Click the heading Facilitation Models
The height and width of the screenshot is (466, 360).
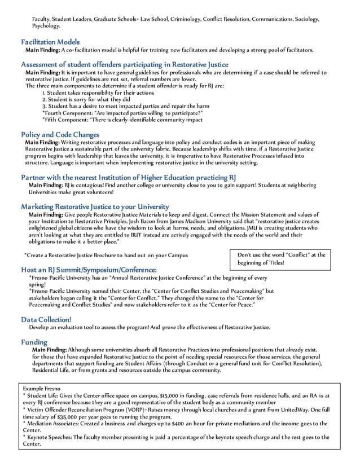pos(50,42)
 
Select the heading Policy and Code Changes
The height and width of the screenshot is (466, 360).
pos(60,134)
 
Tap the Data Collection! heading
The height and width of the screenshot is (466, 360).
pos(46,319)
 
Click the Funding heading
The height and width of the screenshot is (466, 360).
pos(34,342)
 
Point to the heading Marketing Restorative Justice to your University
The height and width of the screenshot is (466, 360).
pos(95,206)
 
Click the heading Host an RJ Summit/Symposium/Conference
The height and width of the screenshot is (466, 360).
pos(89,270)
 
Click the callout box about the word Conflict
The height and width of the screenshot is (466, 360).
pos(281,259)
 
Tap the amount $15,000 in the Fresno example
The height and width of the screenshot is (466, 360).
pos(170,396)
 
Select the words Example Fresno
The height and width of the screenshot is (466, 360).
pos(42,389)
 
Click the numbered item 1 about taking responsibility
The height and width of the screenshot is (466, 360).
pos(98,93)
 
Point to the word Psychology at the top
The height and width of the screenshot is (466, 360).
pos(46,26)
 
